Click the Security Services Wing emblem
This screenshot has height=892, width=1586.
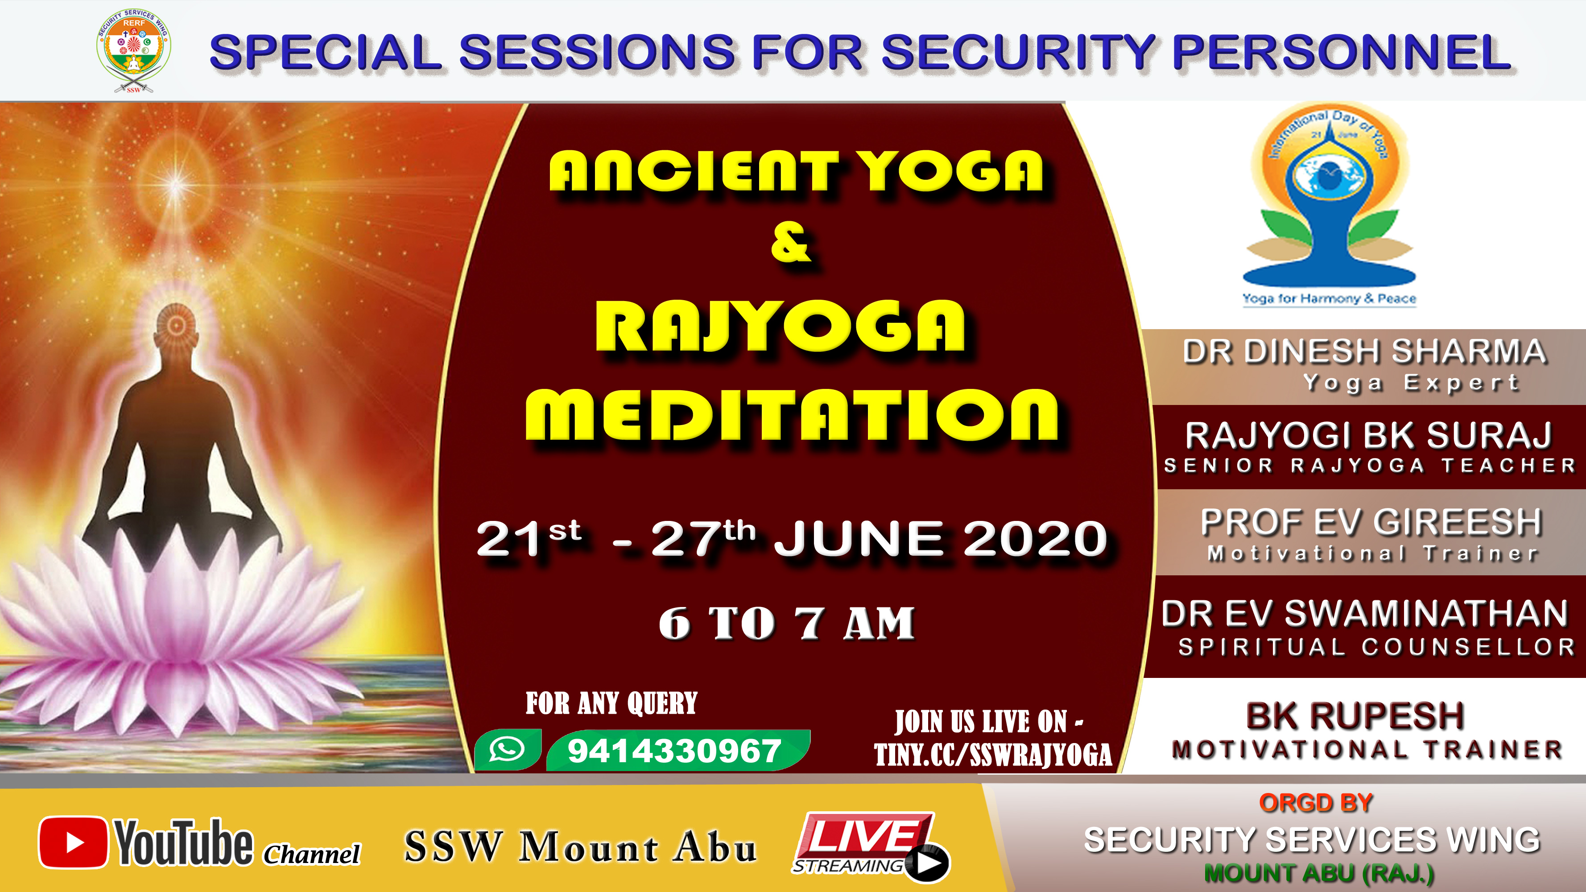click(134, 50)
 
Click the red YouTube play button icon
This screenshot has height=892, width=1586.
click(73, 842)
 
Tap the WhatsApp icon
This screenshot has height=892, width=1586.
click(507, 749)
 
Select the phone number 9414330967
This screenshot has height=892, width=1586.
click(675, 751)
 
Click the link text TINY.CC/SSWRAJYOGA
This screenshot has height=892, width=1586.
click(993, 755)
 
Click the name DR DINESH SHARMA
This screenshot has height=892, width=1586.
click(1364, 351)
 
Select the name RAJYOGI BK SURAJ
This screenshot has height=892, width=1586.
click(1368, 435)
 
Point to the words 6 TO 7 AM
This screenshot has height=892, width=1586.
click(787, 623)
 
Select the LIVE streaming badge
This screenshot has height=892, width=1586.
click(871, 845)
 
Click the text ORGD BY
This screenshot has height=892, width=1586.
click(1316, 803)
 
